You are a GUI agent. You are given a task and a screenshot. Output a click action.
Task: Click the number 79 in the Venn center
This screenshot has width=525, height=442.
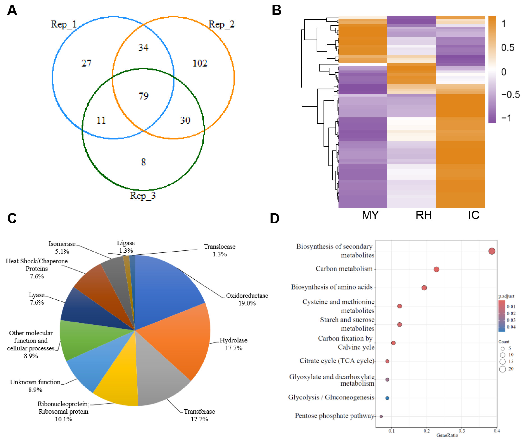coord(144,96)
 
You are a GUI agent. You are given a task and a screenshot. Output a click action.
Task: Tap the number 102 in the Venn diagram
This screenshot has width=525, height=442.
coord(200,63)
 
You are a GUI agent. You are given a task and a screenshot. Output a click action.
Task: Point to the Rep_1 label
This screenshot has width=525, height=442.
coord(64,24)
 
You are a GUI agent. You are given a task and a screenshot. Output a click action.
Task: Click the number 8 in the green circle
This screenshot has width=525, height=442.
coord(143,162)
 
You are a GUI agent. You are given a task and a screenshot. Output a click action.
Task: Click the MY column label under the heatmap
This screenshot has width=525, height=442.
coord(370,215)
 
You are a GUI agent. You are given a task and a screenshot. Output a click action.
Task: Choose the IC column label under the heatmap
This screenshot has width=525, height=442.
coord(474,215)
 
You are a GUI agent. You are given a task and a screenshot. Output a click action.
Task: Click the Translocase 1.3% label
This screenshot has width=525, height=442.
coord(219,250)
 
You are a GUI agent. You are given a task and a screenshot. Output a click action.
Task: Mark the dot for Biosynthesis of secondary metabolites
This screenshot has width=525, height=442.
coord(492,251)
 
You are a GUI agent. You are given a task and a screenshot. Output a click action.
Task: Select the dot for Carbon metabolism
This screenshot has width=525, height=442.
coord(436,269)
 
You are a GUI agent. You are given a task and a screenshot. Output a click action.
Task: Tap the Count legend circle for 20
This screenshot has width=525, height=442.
coord(502,369)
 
